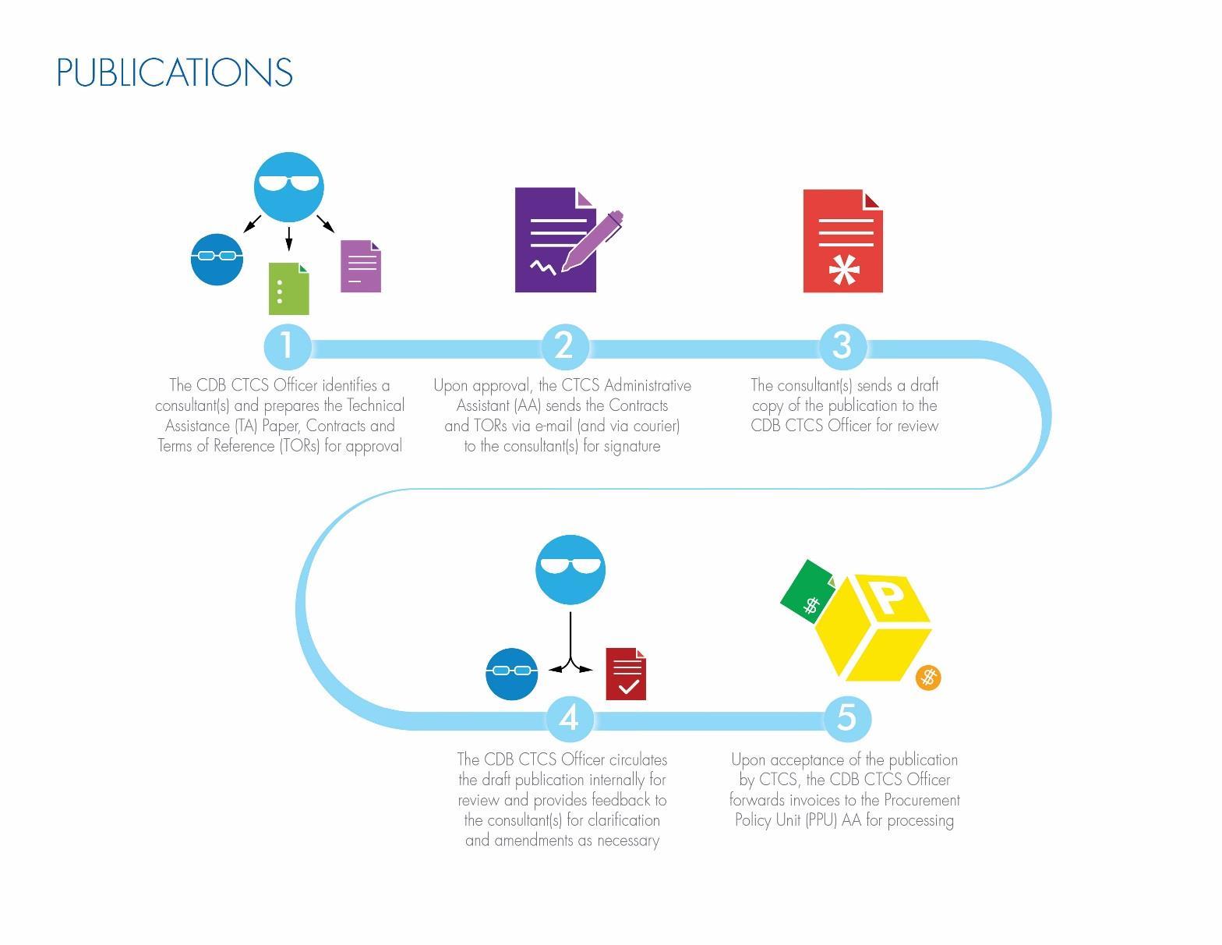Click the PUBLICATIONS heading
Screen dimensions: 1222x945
click(175, 72)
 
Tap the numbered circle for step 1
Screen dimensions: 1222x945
click(288, 346)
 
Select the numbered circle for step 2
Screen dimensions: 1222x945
click(565, 346)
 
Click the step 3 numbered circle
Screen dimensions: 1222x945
click(842, 346)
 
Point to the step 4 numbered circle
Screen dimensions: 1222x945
click(570, 719)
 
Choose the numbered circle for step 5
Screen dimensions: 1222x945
click(847, 719)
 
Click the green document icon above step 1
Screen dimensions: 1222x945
click(289, 288)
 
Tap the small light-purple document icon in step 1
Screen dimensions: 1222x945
click(361, 266)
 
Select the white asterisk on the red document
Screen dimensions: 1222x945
click(844, 270)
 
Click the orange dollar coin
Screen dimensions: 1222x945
click(928, 678)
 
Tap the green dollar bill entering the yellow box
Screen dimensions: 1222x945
click(807, 591)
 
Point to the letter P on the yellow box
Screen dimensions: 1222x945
click(887, 598)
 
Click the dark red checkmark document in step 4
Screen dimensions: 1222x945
click(626, 674)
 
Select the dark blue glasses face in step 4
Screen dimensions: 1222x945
click(512, 674)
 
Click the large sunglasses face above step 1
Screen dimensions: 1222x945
click(289, 187)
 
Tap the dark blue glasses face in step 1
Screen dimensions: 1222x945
click(217, 260)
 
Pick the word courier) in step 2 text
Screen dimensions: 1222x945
click(657, 426)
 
